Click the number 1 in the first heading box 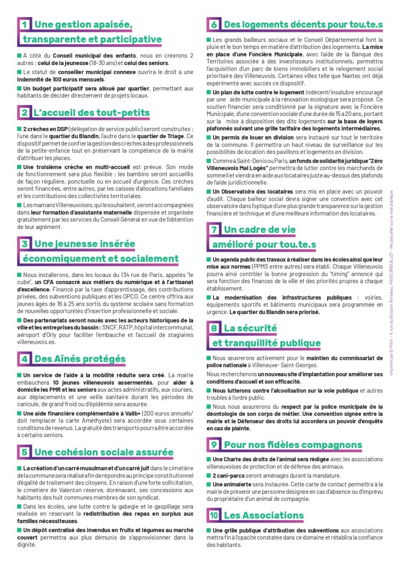[24, 25]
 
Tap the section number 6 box [214, 25]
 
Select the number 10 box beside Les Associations [214, 515]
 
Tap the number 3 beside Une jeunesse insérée [24, 243]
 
